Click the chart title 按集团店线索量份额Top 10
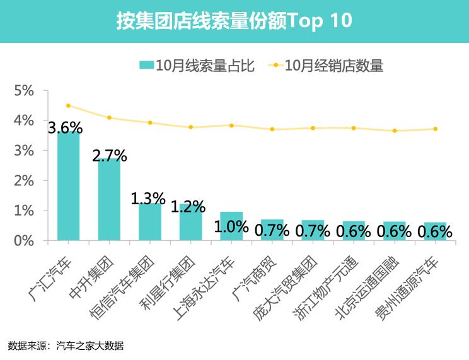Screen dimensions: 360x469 tap(234, 21)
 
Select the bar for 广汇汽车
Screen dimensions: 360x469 tap(68, 189)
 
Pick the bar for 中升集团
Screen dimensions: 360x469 tap(109, 202)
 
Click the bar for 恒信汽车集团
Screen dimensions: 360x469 tap(150, 222)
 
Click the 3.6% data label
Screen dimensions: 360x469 tap(66, 128)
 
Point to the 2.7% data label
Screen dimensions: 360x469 tap(110, 156)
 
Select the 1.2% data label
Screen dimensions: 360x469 tap(188, 206)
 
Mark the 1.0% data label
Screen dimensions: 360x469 tap(231, 227)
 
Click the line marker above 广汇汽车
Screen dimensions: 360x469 tap(68, 106)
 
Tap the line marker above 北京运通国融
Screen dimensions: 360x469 tap(395, 131)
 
